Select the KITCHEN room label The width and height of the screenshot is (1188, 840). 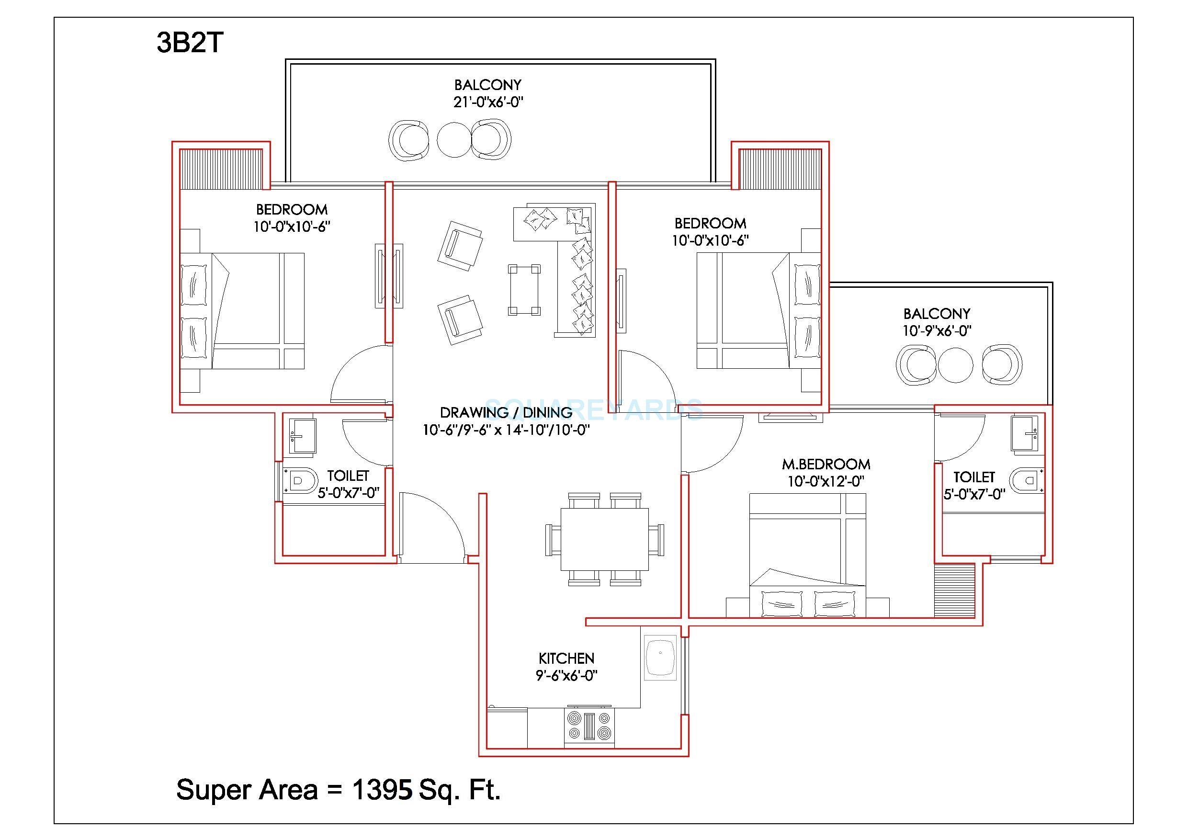pos(566,658)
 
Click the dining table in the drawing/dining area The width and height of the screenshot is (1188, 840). pos(604,539)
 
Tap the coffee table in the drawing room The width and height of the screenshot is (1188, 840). pos(524,290)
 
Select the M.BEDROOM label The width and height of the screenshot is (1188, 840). pos(826,464)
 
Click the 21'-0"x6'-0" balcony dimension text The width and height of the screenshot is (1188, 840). pos(488,102)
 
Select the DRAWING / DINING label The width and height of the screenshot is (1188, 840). pos(506,412)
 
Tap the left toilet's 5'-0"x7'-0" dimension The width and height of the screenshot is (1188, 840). pos(348,493)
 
